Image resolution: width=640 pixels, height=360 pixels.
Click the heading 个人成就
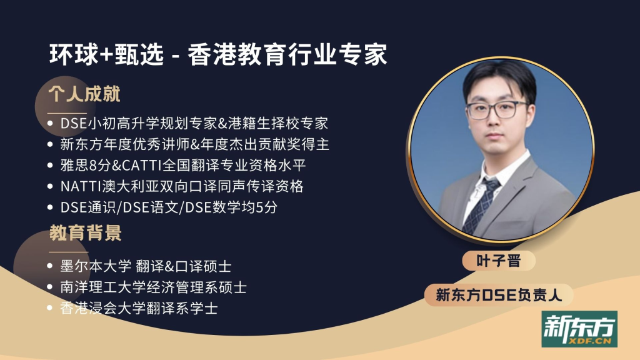[84, 94]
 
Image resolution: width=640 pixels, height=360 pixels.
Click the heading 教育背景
[86, 233]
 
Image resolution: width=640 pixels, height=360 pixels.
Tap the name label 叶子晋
[498, 261]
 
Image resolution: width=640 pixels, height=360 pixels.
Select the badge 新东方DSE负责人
[499, 295]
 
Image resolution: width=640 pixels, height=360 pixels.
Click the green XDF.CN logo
[579, 329]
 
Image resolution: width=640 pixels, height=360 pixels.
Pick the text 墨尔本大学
[96, 266]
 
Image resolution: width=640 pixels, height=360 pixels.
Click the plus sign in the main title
[106, 55]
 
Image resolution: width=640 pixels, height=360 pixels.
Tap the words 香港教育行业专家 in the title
[287, 54]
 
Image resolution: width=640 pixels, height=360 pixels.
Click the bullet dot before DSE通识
[50, 207]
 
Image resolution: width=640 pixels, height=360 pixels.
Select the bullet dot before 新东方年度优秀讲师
[50, 144]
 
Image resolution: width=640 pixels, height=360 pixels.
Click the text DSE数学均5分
[231, 207]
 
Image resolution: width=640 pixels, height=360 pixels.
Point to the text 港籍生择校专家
[278, 123]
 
